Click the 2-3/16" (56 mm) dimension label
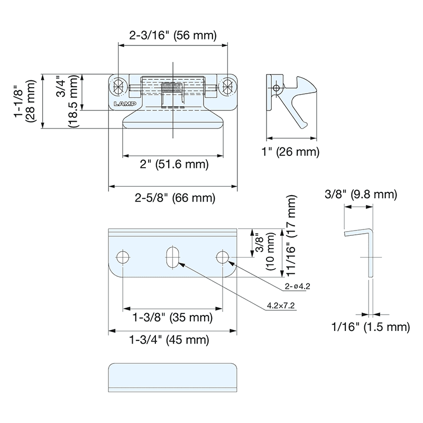coord(173,36)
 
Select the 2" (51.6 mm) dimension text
coord(174,164)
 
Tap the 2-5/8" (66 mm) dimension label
coord(174,198)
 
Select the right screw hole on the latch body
coord(228,87)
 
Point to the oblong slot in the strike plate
coord(172,258)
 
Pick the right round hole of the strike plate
coord(223,258)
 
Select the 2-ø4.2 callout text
coord(297,286)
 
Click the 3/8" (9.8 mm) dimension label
coord(361,195)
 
